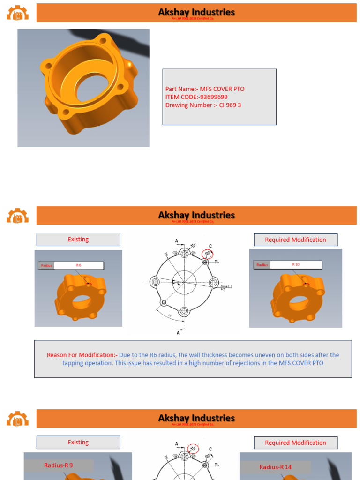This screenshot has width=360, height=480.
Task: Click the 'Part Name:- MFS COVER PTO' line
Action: coord(205,89)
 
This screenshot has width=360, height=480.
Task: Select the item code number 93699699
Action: coord(213,97)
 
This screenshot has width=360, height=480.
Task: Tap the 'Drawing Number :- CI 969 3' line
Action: coord(203,105)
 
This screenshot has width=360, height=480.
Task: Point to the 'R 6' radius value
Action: coord(78,265)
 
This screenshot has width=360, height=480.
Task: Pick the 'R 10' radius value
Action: coord(296,264)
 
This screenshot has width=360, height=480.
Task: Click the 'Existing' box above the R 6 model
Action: coord(78,240)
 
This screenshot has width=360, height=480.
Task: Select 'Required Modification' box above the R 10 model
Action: coord(295,240)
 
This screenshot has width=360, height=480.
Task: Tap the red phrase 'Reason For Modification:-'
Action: coord(82,355)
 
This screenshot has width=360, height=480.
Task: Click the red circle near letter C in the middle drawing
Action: coord(206,254)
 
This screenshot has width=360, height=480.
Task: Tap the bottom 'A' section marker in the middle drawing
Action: coord(177,333)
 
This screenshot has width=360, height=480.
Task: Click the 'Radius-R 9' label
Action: coord(59,465)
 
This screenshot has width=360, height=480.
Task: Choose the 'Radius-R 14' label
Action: coord(275,467)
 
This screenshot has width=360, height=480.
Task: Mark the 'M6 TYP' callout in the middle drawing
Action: coord(217,262)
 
